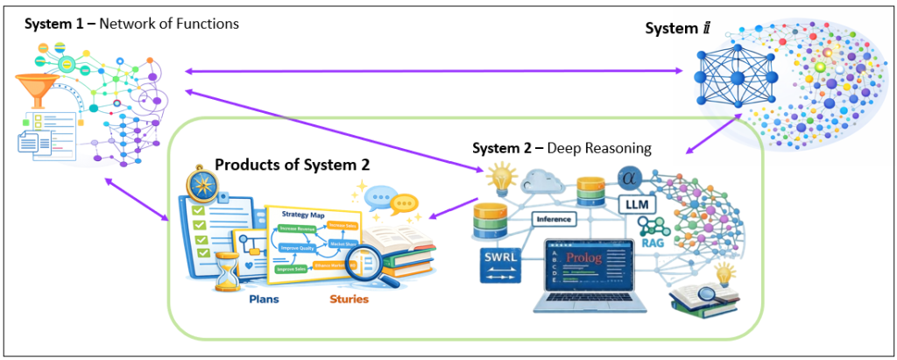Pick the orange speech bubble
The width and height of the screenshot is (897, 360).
402,204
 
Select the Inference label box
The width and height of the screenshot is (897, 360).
552,219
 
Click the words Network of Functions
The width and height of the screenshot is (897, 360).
168,24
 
